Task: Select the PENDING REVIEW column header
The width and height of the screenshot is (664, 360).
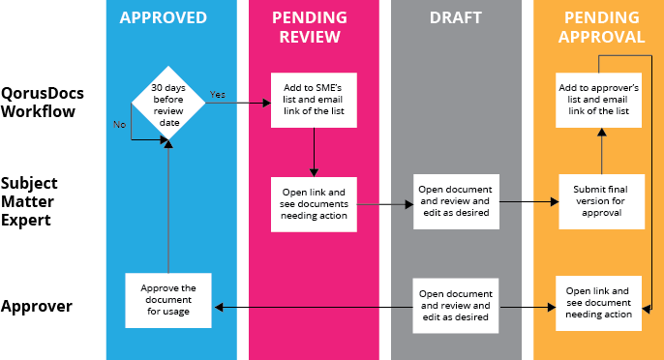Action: point(313,27)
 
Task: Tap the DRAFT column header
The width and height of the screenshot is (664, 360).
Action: point(455,17)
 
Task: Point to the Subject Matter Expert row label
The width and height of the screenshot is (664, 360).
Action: point(30,201)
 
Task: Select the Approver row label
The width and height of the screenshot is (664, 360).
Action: point(37,307)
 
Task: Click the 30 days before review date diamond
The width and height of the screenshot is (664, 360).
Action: point(168,103)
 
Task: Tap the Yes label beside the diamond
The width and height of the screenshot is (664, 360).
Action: point(218,94)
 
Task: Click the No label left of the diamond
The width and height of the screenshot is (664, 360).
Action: point(119,124)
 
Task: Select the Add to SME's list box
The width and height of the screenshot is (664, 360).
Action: point(313,100)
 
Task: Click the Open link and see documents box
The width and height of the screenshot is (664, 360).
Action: point(313,201)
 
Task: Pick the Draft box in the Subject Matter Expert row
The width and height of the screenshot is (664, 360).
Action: point(455,201)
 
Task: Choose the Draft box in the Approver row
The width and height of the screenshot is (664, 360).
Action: point(455,304)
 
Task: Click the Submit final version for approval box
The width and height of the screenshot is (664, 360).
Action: point(601,201)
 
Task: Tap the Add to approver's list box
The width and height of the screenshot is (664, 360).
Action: point(601,100)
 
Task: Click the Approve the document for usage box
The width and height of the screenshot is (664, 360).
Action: point(168,300)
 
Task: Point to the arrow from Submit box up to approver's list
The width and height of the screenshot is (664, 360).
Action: point(601,150)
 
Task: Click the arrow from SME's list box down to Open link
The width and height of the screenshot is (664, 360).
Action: point(313,150)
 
